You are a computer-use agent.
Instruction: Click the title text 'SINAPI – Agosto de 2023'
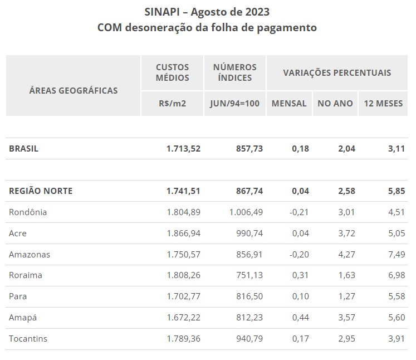click(x=207, y=12)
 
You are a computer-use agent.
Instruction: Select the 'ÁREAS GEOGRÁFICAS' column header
click(x=73, y=90)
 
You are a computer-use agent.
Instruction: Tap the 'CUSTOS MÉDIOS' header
click(x=172, y=72)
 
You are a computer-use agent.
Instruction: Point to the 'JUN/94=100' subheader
click(x=235, y=104)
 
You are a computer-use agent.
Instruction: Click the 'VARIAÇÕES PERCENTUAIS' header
click(x=337, y=72)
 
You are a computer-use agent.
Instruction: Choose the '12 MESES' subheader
click(x=383, y=104)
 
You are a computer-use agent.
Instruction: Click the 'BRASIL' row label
click(x=23, y=149)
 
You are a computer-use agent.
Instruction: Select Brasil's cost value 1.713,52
click(x=183, y=149)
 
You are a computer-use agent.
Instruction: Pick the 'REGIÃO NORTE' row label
click(x=41, y=191)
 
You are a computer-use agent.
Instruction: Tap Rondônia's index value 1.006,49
click(x=246, y=212)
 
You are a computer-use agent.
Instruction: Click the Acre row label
click(x=18, y=233)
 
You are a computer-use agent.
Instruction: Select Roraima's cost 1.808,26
click(x=183, y=276)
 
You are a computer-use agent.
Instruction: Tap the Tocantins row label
click(x=28, y=339)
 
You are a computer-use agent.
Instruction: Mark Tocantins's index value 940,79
click(x=249, y=339)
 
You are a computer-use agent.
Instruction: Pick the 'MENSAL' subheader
click(x=289, y=104)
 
